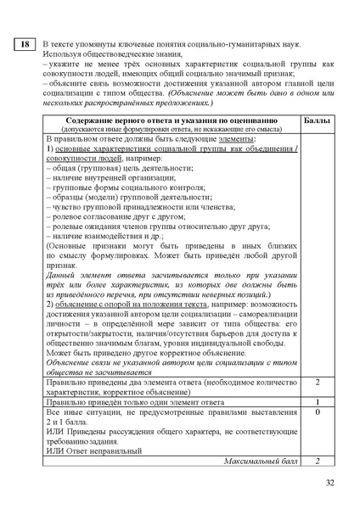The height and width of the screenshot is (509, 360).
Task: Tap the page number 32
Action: (330, 483)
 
